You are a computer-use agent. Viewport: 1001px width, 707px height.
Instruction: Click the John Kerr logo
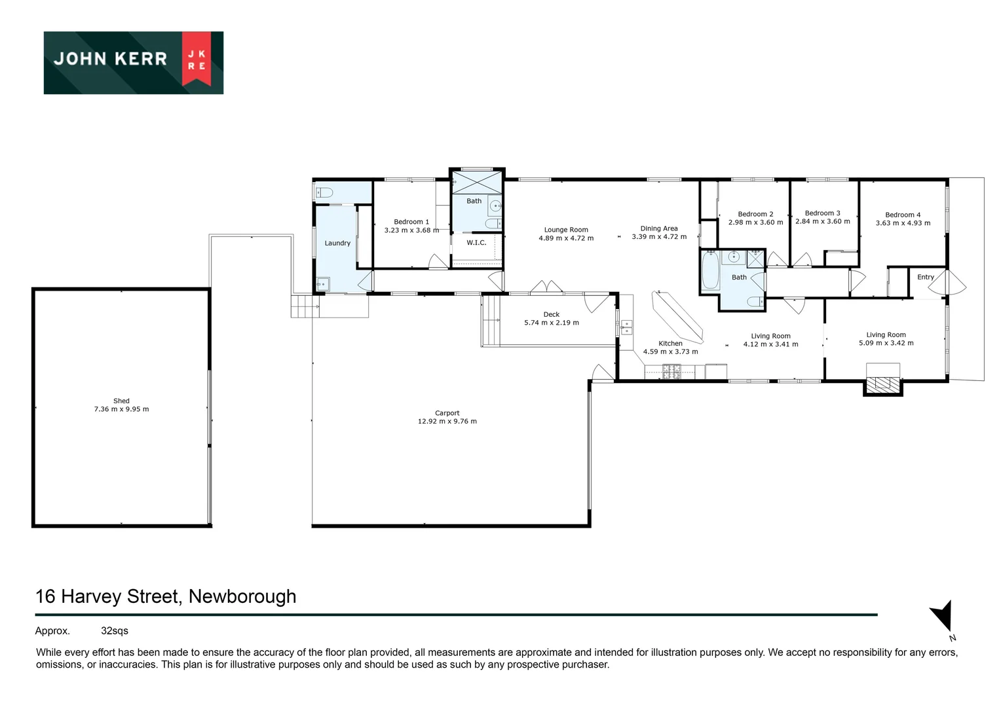[x=134, y=63]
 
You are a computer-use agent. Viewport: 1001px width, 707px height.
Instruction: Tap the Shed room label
[x=121, y=401]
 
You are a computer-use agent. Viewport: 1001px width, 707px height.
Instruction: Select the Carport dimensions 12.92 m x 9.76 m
[x=447, y=422]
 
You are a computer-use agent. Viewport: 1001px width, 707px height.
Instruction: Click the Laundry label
[x=337, y=243]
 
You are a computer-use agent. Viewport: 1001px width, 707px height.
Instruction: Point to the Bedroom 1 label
[x=411, y=222]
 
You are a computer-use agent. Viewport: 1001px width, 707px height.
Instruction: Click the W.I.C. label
[x=476, y=243]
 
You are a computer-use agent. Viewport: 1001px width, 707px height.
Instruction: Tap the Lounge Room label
[x=566, y=230]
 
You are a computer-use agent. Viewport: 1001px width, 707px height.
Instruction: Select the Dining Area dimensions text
[x=659, y=237]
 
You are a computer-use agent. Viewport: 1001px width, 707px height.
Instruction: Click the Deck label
[x=552, y=314]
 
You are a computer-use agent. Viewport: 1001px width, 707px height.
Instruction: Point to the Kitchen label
[x=670, y=343]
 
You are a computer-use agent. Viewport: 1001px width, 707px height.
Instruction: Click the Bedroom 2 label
[x=755, y=214]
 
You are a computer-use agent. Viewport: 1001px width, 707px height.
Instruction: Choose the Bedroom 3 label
[x=822, y=213]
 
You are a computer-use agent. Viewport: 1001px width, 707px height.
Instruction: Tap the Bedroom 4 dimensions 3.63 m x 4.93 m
[x=903, y=223]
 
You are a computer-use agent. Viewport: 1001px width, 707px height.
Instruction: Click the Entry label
[x=925, y=277]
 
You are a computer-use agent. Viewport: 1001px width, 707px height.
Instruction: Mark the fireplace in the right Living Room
[x=882, y=386]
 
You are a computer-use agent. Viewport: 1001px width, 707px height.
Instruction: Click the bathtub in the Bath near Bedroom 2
[x=710, y=272]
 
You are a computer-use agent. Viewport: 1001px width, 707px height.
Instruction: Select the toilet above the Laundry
[x=324, y=192]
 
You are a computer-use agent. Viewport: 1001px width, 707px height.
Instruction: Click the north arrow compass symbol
[x=943, y=617]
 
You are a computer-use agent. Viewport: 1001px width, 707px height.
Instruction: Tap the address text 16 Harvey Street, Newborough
[x=166, y=596]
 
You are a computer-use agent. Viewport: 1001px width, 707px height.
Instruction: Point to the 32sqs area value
[x=115, y=631]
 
